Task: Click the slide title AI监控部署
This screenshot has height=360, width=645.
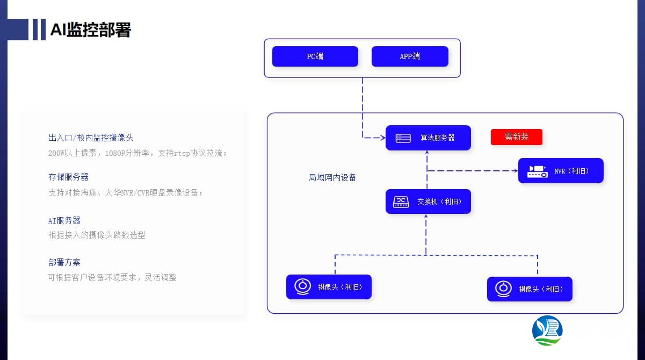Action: (90, 30)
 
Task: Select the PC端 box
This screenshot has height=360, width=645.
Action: (315, 56)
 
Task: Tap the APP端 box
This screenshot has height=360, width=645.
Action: (410, 56)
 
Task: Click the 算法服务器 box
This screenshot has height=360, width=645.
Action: (428, 138)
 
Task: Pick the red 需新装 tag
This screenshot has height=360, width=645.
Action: (517, 137)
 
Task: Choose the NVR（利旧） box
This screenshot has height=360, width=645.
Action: (561, 171)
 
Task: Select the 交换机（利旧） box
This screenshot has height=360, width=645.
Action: (428, 201)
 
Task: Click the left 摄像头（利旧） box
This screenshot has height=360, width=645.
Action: (329, 287)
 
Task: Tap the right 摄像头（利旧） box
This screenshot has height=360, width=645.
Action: (530, 289)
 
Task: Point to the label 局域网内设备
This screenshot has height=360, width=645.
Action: (332, 177)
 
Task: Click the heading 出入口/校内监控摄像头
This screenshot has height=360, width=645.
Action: (91, 138)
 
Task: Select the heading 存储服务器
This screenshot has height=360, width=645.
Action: (68, 177)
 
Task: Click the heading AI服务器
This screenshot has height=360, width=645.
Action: (64, 220)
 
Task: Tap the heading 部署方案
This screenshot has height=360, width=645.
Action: (64, 262)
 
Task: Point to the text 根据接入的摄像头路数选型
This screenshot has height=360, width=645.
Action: (97, 235)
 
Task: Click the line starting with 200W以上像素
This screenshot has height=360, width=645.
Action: (137, 153)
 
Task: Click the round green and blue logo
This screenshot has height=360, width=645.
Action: (547, 330)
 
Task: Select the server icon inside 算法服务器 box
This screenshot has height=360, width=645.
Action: (403, 138)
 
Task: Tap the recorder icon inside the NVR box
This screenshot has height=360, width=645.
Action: (537, 171)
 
